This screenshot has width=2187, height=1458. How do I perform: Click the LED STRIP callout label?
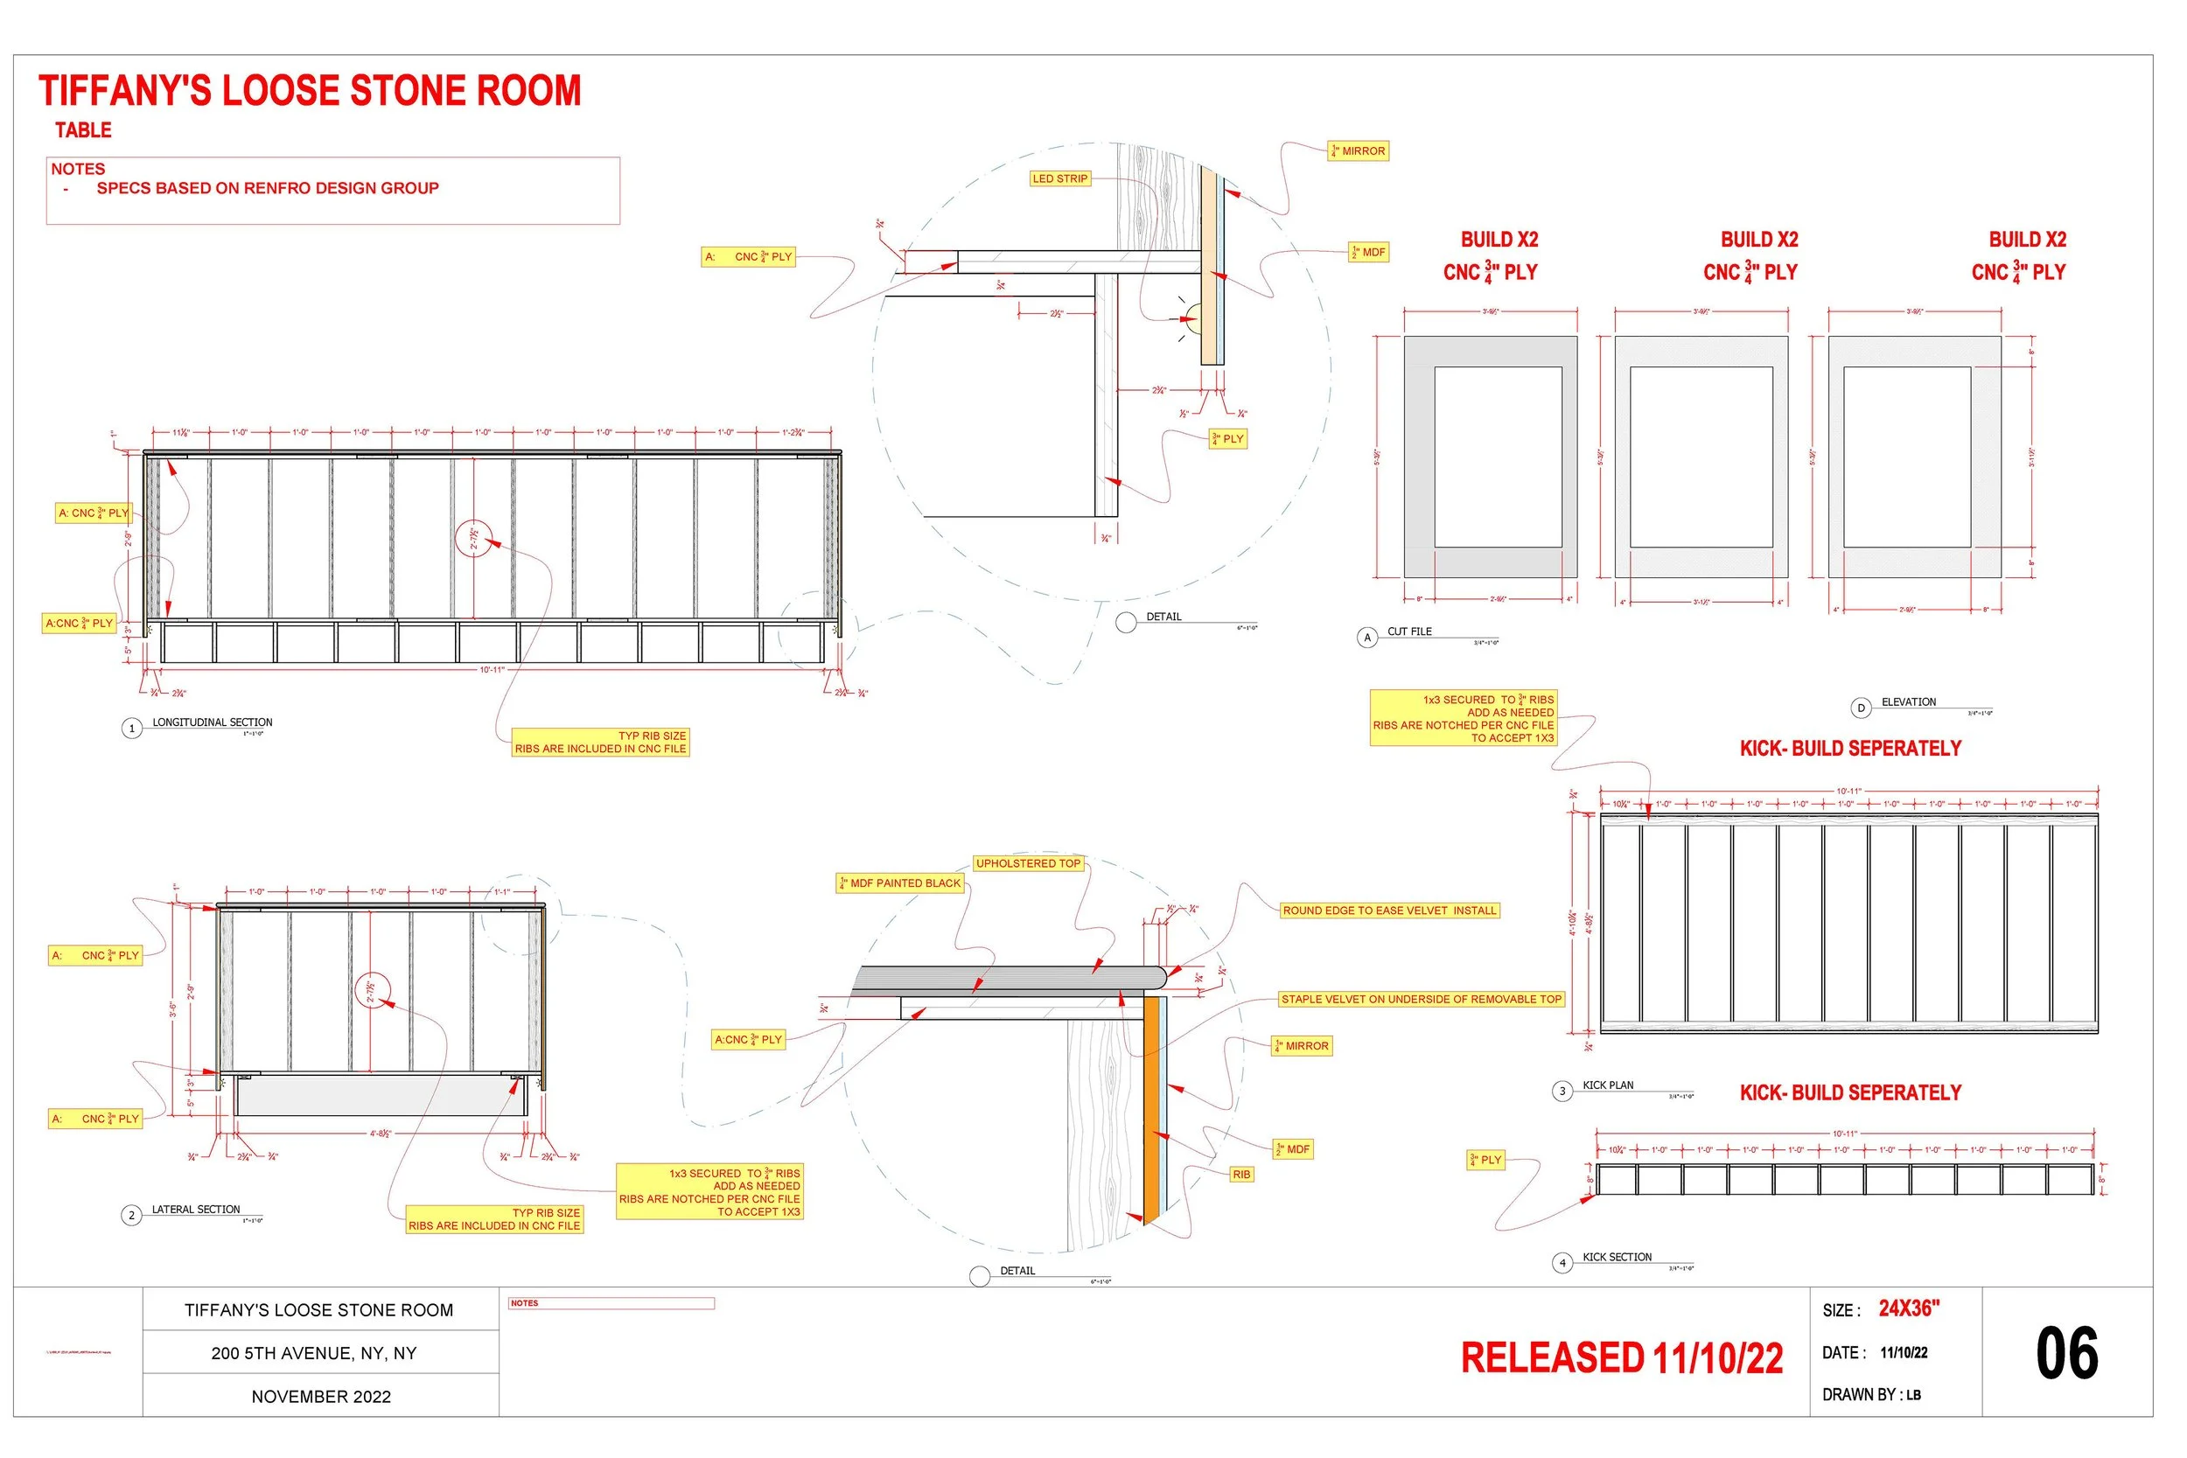1059,178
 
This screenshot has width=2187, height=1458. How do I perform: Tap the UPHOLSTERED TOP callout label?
1028,864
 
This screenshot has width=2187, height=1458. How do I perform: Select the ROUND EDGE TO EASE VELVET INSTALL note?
1389,911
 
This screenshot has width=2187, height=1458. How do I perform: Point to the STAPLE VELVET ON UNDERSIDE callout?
1421,1000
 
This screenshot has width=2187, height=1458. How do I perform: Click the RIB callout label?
1241,1175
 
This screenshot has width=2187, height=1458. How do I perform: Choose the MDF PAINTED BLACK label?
900,883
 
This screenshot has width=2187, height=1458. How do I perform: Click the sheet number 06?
2067,1354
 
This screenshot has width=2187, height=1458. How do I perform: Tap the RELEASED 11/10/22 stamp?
1622,1358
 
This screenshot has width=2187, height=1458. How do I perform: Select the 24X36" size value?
1909,1309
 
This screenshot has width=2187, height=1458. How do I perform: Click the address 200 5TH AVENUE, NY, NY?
313,1354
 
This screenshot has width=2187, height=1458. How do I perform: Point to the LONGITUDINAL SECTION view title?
212,722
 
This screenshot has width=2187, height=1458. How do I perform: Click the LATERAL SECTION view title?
195,1210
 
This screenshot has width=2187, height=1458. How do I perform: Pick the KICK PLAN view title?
1608,1085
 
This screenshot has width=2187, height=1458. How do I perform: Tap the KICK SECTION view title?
1617,1257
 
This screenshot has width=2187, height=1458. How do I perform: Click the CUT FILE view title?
1408,631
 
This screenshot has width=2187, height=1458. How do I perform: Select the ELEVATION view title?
1908,702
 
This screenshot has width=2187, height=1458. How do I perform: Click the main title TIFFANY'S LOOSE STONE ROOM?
310,91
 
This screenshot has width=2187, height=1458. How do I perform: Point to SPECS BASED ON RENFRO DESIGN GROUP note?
267,189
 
